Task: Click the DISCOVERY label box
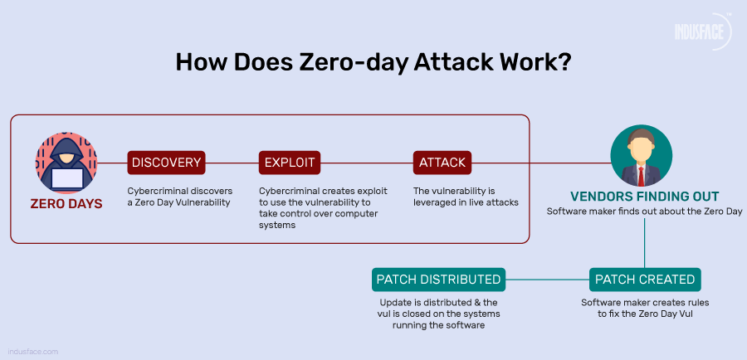click(165, 163)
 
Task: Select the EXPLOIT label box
click(290, 163)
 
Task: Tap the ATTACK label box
click(442, 163)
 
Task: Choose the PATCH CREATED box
click(645, 279)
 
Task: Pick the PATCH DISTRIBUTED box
click(438, 279)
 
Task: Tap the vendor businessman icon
click(641, 156)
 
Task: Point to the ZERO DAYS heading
click(66, 203)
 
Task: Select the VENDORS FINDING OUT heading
click(644, 197)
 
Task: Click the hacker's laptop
click(66, 178)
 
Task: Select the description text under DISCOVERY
click(179, 196)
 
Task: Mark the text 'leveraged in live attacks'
click(466, 202)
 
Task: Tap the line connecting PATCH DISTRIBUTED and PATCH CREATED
click(548, 279)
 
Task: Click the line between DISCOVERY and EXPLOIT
click(230, 163)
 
